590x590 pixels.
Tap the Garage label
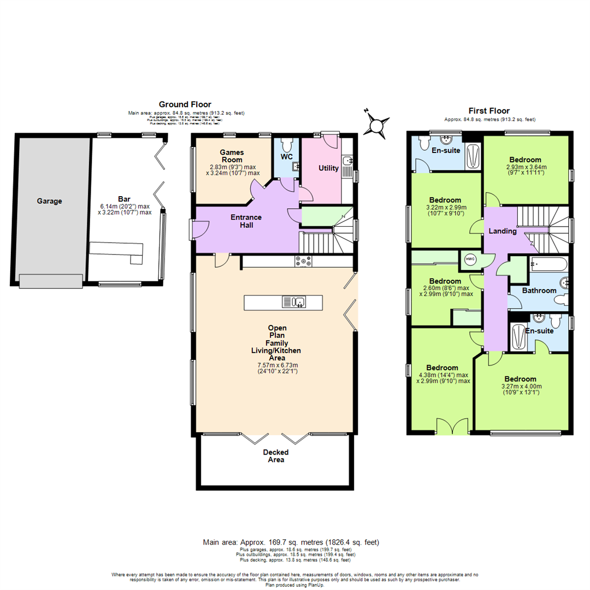pyautogui.click(x=50, y=201)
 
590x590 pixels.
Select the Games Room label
pyautogui.click(x=231, y=156)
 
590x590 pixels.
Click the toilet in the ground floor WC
pyautogui.click(x=287, y=146)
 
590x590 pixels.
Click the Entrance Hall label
pyautogui.click(x=246, y=221)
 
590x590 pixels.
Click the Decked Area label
pyautogui.click(x=275, y=456)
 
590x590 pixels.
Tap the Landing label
pyautogui.click(x=503, y=231)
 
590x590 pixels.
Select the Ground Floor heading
pyautogui.click(x=185, y=104)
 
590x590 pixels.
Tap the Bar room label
pyautogui.click(x=124, y=199)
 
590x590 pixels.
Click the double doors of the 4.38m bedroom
pyautogui.click(x=452, y=426)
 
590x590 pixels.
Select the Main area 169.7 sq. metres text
pyautogui.click(x=291, y=542)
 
